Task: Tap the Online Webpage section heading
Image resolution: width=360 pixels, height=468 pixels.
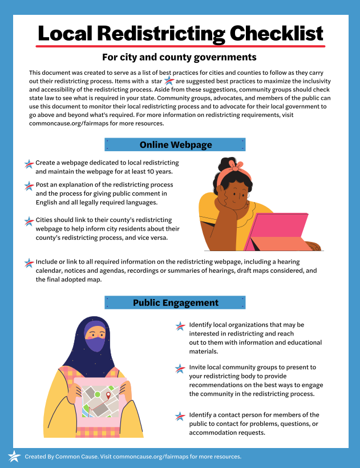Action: point(175,144)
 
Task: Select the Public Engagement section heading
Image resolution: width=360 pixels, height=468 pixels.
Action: point(175,302)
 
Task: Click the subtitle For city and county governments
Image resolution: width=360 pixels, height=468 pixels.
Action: point(179,57)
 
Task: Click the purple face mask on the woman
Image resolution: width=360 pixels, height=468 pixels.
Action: point(95,344)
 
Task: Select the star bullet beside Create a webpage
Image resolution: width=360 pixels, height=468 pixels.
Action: point(29,164)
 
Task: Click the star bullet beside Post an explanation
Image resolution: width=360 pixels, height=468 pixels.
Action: point(29,186)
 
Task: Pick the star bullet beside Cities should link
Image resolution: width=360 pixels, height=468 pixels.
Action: point(29,221)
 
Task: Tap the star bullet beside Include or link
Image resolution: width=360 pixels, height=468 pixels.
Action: point(29,263)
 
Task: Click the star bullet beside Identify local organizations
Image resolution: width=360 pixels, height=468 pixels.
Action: point(180,326)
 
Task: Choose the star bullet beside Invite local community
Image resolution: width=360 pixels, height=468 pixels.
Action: point(180,368)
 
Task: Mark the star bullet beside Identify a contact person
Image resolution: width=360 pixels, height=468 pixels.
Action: point(180,416)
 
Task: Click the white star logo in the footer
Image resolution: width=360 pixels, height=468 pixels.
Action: point(14,456)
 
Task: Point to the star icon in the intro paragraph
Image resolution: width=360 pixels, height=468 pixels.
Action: point(169,82)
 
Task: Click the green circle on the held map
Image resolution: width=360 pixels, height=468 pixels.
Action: point(97,394)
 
